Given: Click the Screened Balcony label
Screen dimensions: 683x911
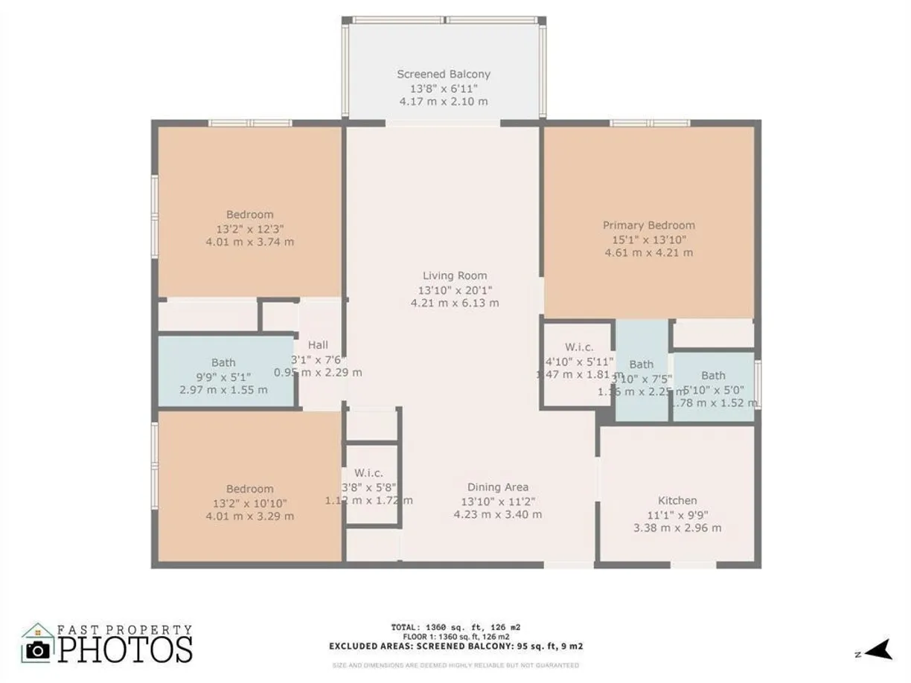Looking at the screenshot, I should point(444,74).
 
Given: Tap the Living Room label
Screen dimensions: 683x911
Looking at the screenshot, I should point(455,276).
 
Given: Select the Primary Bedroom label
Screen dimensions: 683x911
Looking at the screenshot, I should point(648,225).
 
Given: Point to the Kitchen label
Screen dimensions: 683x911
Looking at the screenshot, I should point(677,501).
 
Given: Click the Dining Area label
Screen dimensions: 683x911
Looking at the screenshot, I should point(498,487).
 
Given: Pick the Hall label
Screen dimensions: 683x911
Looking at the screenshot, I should point(318,345).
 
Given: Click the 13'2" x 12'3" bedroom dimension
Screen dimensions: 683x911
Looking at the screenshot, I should point(250,228).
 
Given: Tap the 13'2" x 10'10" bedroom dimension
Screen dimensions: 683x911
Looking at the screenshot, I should point(250,502).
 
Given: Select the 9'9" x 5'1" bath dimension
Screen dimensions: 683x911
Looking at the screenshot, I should point(223,376).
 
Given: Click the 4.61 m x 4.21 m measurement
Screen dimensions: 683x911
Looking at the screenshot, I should point(648,252).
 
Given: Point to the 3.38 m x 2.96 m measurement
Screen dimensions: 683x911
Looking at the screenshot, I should point(677,528).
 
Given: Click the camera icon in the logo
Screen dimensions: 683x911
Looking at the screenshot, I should point(37,650).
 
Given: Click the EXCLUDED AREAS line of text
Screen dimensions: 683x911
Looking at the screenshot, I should point(455,646).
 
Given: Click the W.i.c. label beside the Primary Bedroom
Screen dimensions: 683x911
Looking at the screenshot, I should point(578,347).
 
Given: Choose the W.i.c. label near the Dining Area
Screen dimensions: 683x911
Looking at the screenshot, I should point(368,472).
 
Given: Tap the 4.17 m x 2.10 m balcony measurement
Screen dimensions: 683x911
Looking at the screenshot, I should point(444,101).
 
